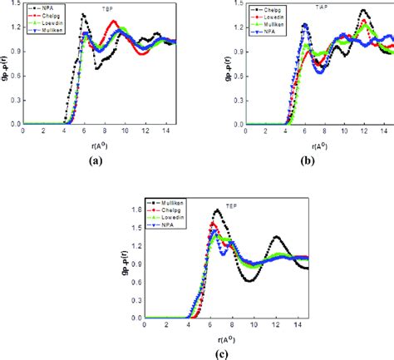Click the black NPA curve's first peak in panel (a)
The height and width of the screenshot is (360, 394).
pos(83,15)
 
